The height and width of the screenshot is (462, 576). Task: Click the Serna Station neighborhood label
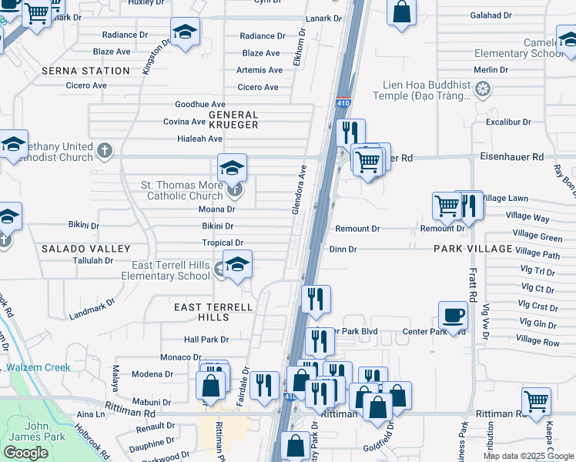96,71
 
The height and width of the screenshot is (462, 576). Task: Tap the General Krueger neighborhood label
233,119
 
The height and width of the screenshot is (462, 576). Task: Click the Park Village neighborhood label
473,249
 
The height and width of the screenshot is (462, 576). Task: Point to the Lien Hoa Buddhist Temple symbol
483,90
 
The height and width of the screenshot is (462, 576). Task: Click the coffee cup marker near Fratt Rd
452,315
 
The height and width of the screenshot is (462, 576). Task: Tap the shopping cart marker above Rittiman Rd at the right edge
536,401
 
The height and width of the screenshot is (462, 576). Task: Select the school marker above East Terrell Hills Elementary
237,264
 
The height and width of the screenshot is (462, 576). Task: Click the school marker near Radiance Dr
184,32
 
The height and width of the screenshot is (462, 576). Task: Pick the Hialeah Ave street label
199,139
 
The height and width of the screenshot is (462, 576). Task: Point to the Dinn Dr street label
343,249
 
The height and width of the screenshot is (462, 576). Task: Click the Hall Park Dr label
206,340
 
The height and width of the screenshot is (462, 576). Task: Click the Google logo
25,453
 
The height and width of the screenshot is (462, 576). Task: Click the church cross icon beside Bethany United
105,149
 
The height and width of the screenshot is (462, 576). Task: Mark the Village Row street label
537,340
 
